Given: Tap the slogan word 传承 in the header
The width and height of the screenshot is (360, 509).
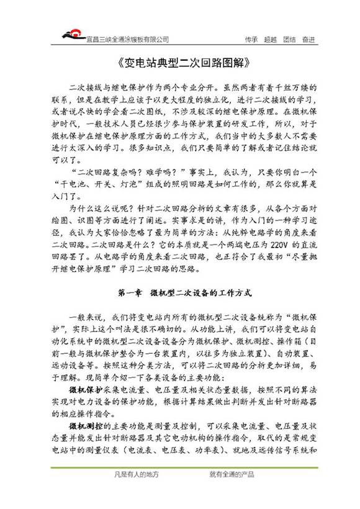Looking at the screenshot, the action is pos(251,39).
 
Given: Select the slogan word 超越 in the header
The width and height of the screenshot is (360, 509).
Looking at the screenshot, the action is pos(270,39).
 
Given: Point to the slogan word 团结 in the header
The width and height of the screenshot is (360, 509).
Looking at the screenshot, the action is pos(289,39).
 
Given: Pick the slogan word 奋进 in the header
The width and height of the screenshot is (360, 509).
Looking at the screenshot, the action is pos(308,39).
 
